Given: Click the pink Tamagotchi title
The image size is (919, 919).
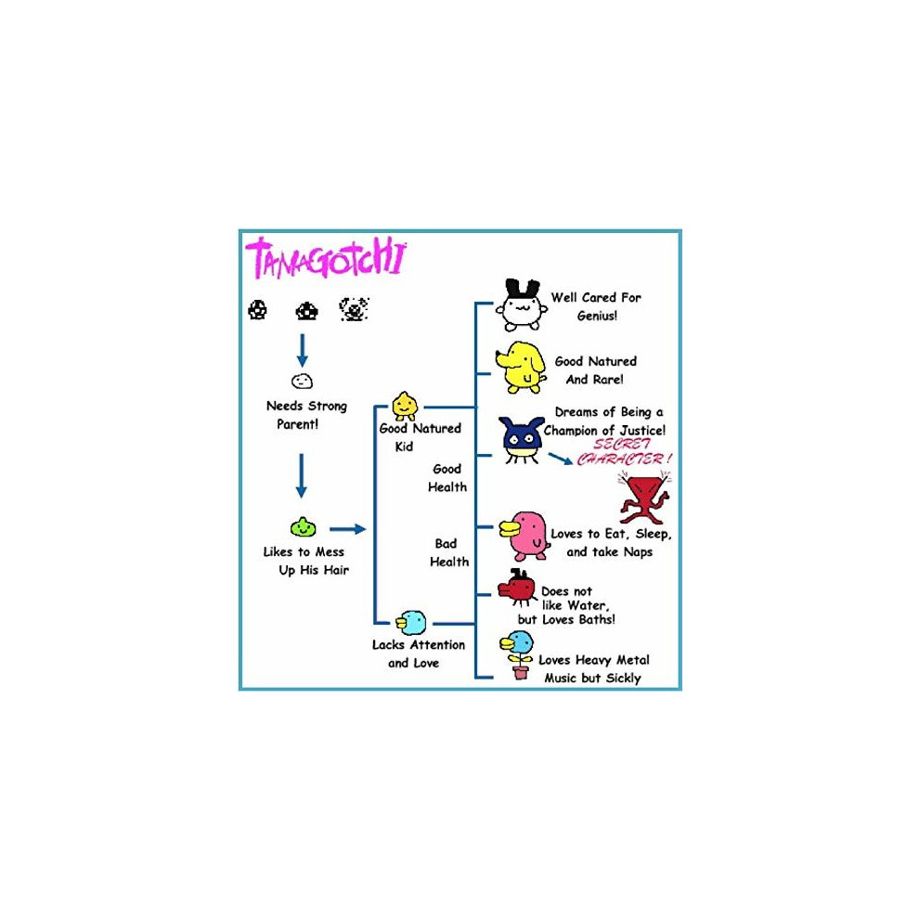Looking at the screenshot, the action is pos(326,258).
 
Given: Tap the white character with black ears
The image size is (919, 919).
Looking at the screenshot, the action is pos(521,305).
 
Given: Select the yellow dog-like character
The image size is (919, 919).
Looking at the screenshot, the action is pos(521,368).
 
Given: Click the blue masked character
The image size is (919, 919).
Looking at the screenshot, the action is pos(521,440).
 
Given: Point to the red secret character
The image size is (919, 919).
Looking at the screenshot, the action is pos(644,499).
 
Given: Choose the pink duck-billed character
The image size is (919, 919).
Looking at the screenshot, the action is pos(524,536).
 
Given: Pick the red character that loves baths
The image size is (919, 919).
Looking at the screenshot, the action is pos(516,588).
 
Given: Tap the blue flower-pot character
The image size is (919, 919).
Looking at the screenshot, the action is pos(517,654).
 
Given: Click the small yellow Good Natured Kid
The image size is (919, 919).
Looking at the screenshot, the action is pos(405,407).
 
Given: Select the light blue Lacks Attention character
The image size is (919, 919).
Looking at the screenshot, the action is pos(411,623).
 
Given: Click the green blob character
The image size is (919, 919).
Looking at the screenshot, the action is pos(303,527).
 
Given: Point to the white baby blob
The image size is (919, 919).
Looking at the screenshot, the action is pos(302,382).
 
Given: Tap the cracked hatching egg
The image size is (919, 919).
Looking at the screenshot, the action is pos(354,309).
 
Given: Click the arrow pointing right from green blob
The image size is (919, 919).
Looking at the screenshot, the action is pos(347,529).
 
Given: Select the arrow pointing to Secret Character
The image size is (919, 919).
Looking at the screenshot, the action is pos(561,459).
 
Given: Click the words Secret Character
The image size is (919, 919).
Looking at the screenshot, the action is pos(624,452).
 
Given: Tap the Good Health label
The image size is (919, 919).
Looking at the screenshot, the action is pos(447,478).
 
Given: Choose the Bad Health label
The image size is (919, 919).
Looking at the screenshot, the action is pos(449,552).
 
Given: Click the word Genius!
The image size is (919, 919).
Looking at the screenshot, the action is pos(597,316).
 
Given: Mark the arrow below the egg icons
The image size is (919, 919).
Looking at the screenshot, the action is pos(303,351).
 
